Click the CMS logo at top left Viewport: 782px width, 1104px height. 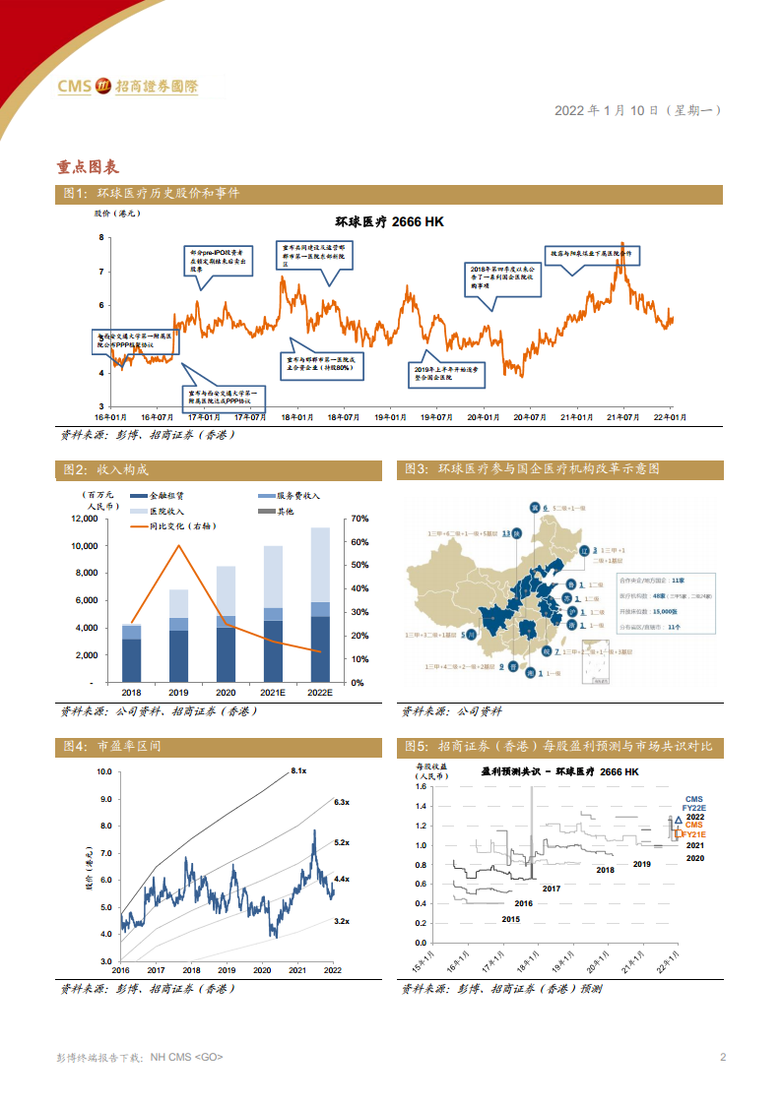click(127, 87)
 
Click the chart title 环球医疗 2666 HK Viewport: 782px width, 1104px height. click(389, 221)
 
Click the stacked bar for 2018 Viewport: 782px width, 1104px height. click(131, 652)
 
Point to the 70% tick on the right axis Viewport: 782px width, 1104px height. click(358, 519)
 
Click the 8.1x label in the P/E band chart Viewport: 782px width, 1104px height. click(298, 770)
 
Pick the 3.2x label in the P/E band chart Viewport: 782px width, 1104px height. click(343, 921)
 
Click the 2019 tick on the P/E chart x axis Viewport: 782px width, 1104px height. click(227, 969)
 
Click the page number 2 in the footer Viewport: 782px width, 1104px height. click(723, 1058)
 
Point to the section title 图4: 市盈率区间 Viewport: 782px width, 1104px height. click(111, 747)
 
